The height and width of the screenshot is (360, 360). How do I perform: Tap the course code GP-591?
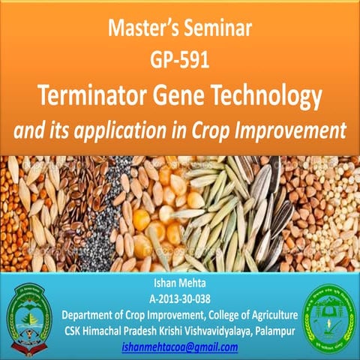[179, 61]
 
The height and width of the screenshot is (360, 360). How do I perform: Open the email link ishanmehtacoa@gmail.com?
[179, 347]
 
